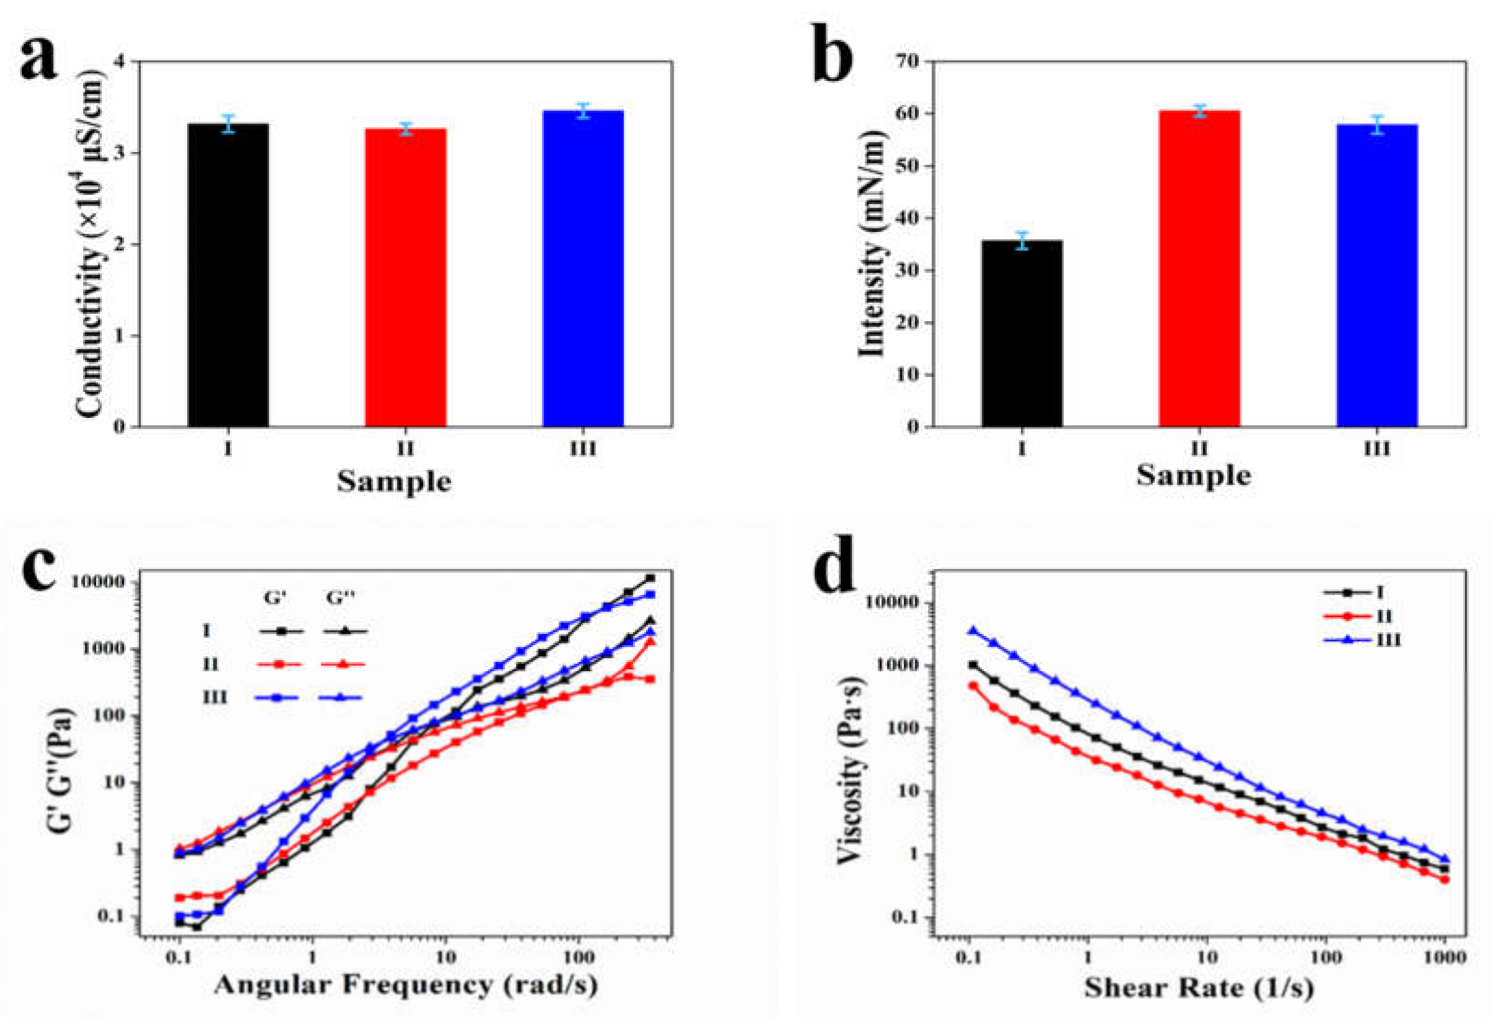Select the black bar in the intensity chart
click(x=1021, y=333)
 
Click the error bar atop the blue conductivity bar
click(x=582, y=110)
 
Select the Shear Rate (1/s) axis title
click(x=1198, y=988)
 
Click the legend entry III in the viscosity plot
click(x=1388, y=640)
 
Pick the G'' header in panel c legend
click(x=340, y=598)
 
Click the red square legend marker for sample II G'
click(x=279, y=664)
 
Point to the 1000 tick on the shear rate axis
click(x=1444, y=957)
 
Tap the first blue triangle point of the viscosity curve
click(x=973, y=630)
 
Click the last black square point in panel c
click(x=651, y=578)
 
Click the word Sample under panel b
click(x=1193, y=476)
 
